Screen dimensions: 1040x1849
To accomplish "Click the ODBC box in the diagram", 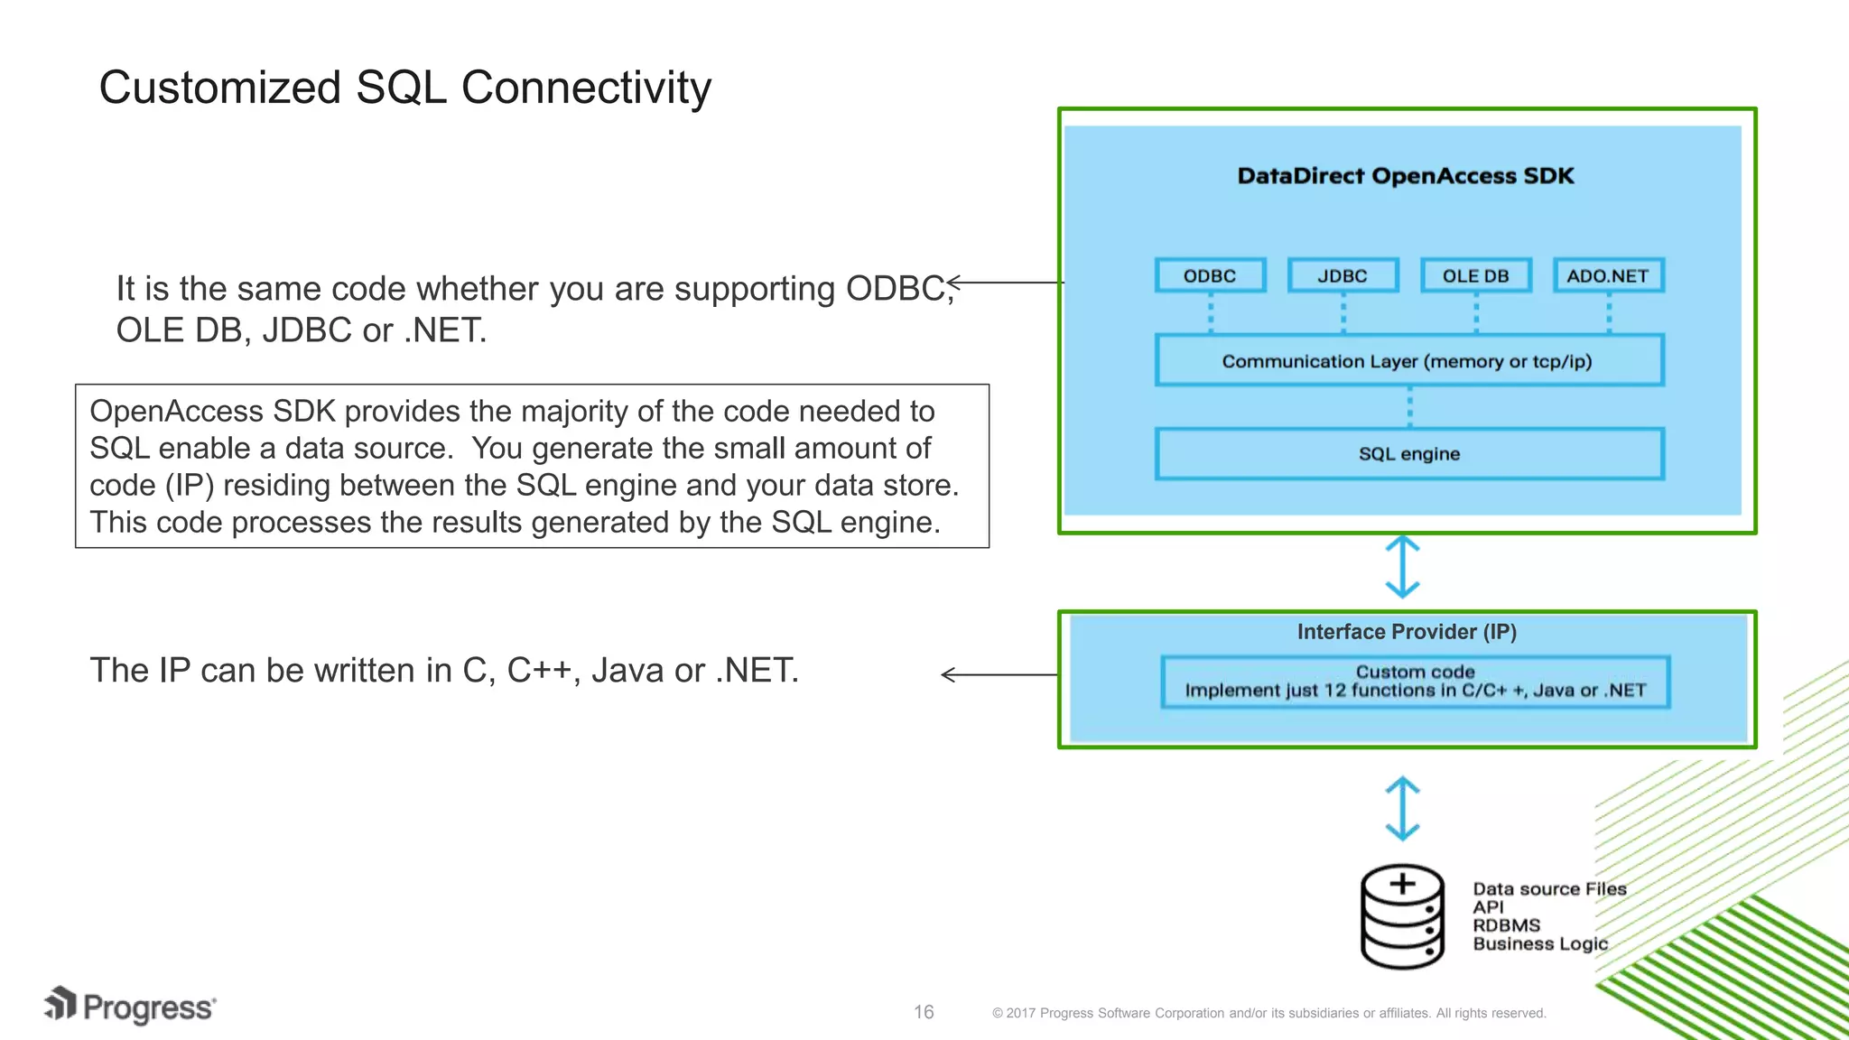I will coord(1210,275).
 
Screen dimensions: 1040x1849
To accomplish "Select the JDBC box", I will coord(1343,275).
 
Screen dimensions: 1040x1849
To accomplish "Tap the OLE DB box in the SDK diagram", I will coord(1475,275).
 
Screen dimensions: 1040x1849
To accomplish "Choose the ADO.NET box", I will coord(1608,275).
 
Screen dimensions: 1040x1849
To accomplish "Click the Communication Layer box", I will coord(1408,361).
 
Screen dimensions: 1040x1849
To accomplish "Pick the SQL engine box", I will coord(1408,454).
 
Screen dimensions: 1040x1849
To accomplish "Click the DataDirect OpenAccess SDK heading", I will coord(1405,176).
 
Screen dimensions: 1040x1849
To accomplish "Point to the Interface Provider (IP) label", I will coord(1407,632).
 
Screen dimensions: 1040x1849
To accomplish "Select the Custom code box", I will coord(1415,682).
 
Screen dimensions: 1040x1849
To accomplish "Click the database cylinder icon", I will coord(1402,917).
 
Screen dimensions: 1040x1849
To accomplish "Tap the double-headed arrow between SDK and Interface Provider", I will coord(1402,567).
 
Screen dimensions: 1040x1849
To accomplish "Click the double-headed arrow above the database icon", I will coord(1402,809).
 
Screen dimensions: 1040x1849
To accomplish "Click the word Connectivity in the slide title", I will coord(586,88).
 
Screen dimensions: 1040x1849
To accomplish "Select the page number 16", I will coord(924,1012).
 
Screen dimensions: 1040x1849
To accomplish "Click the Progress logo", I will coord(131,1007).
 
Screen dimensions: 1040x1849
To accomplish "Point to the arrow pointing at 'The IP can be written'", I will coord(998,674).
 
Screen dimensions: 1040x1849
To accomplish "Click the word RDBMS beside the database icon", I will coord(1506,925).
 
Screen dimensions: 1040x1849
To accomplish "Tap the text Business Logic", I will coord(1540,944).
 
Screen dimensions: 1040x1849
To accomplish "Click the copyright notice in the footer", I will coord(1268,1013).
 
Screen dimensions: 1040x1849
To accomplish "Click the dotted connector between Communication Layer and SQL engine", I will coord(1409,407).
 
